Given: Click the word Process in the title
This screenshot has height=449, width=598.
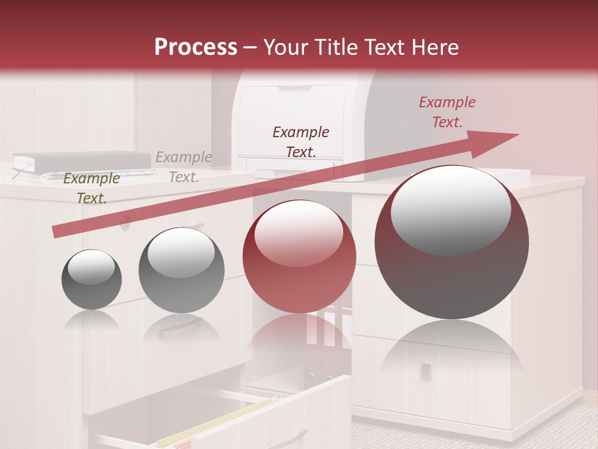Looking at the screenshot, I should [196, 47].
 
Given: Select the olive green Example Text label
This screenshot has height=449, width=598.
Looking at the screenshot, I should [92, 188].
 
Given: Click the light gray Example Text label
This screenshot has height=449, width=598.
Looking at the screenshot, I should [184, 167].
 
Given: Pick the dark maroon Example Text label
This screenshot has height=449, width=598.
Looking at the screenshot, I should [301, 142].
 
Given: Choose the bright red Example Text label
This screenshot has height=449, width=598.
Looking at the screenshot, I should [447, 112].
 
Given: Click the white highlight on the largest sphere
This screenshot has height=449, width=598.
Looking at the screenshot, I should [451, 209].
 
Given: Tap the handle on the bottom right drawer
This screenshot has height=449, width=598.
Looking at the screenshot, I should [425, 370].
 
